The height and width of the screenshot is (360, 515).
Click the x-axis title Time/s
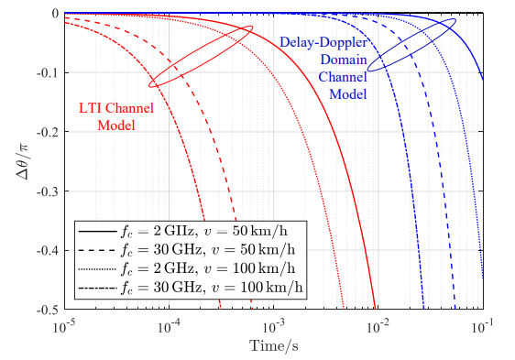273,345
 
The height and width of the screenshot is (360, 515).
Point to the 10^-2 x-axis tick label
378,325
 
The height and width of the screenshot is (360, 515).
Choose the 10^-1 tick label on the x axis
482,325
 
